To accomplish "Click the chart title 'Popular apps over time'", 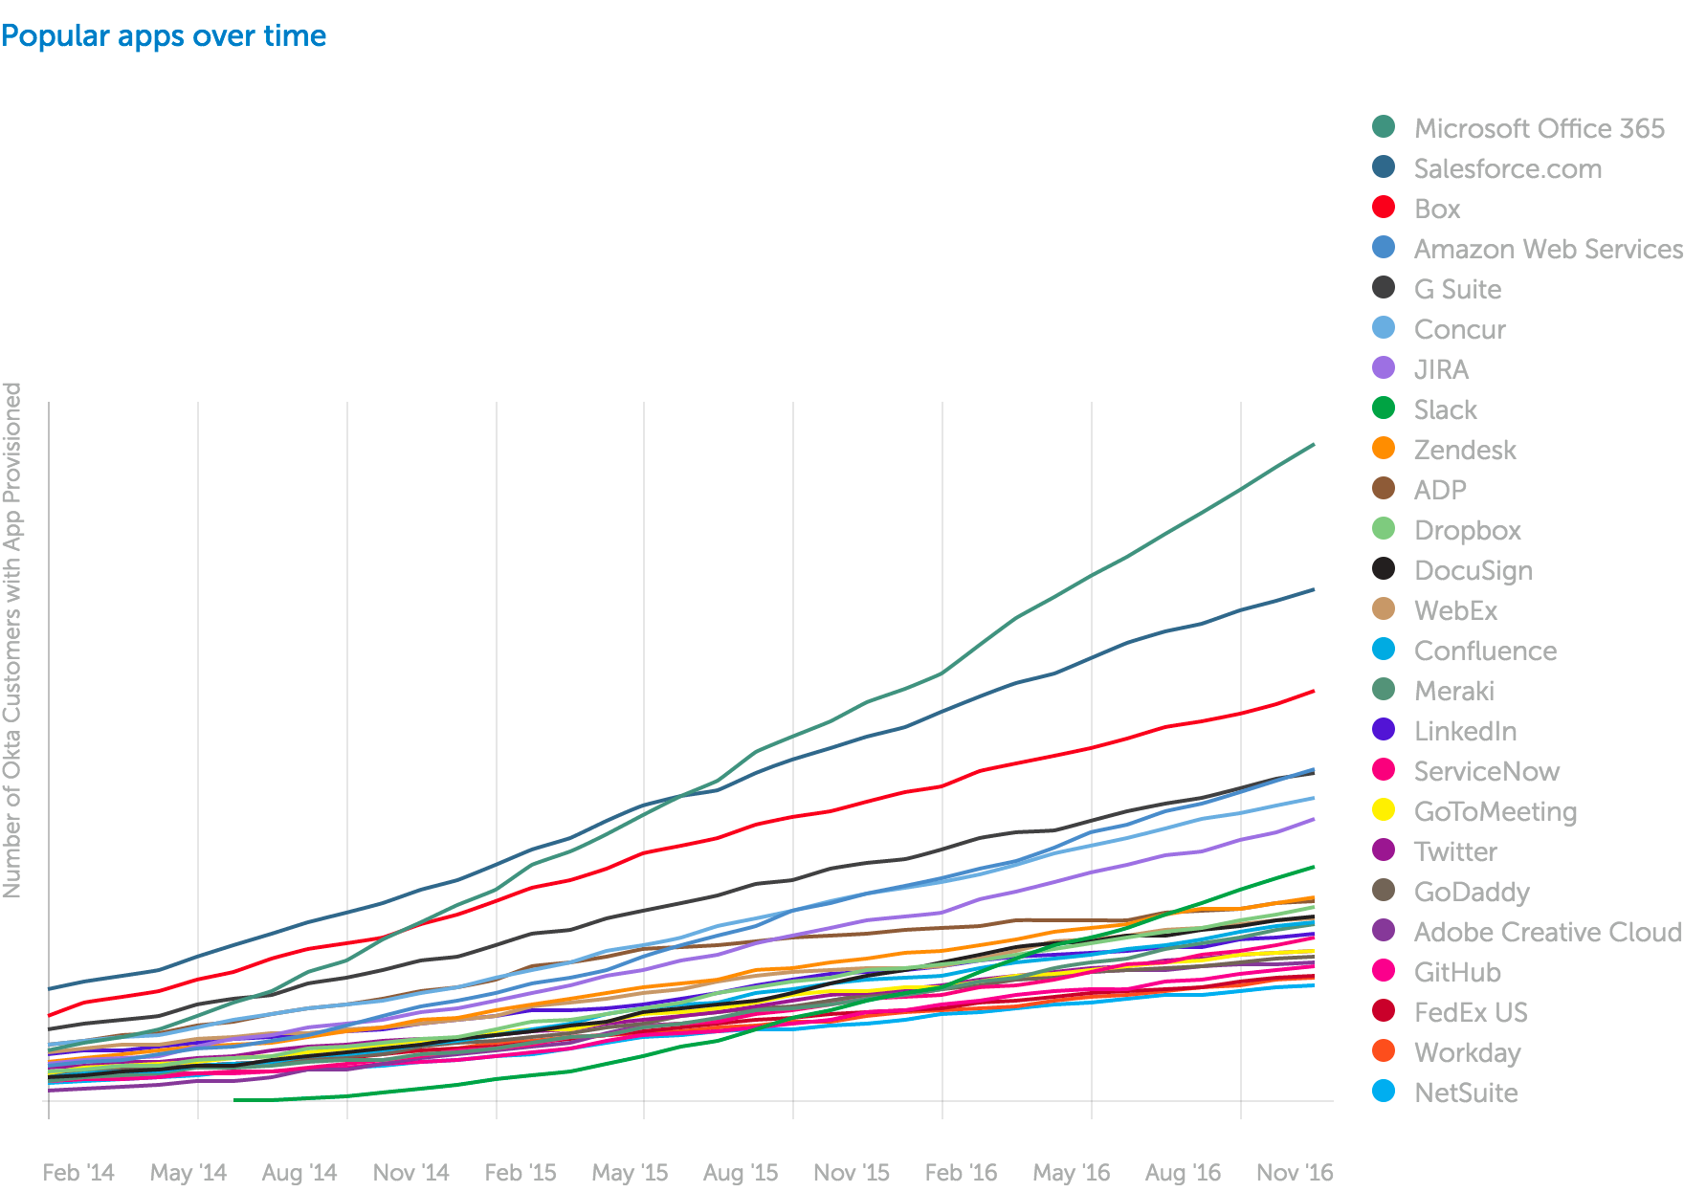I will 164,36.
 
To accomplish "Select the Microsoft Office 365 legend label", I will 1539,128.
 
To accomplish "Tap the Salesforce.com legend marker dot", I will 1384,167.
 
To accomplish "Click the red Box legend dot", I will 1384,208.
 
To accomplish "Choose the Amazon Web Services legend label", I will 1547,249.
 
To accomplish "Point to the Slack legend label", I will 1445,409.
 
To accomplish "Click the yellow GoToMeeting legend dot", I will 1384,810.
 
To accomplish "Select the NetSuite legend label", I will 1466,1093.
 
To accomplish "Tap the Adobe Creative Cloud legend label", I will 1547,932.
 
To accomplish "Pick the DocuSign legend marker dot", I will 1384,569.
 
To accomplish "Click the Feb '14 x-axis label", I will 78,1172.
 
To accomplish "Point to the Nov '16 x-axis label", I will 1294,1172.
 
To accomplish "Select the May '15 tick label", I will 630,1172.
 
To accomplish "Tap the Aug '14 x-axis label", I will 299,1172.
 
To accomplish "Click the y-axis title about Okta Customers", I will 12,640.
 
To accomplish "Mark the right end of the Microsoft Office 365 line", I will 1314,445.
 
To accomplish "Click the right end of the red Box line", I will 1314,691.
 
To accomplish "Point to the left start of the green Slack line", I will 235,1100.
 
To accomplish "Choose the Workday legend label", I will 1467,1052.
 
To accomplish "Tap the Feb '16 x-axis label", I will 961,1172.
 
